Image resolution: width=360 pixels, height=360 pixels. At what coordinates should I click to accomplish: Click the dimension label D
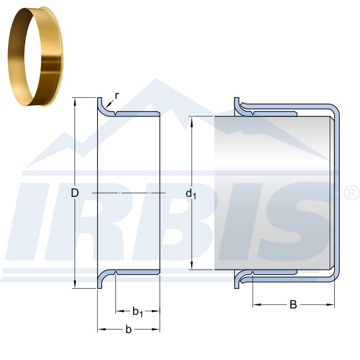(x=75, y=193)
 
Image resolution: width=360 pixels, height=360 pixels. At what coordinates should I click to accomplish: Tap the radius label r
(x=117, y=95)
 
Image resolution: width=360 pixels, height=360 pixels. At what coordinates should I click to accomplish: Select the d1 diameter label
(x=191, y=194)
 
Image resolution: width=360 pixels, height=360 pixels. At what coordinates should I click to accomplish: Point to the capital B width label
(x=293, y=305)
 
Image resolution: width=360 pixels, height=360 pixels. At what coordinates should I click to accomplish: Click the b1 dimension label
(x=137, y=312)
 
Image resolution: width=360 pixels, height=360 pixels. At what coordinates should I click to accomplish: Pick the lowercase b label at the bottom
(x=129, y=329)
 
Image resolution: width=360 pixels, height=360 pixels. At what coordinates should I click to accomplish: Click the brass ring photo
(x=35, y=57)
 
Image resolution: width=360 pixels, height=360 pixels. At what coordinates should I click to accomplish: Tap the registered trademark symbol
(x=352, y=193)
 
